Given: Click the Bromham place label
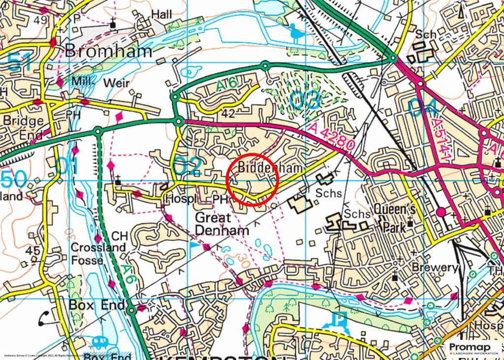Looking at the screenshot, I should pyautogui.click(x=109, y=50).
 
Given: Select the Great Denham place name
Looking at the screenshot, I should pyautogui.click(x=222, y=223).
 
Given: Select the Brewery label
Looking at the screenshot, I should pyautogui.click(x=436, y=268).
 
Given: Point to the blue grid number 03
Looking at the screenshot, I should pyautogui.click(x=305, y=100).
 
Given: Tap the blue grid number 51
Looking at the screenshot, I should pyautogui.click(x=20, y=63).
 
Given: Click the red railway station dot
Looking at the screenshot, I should pyautogui.click(x=441, y=212).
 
